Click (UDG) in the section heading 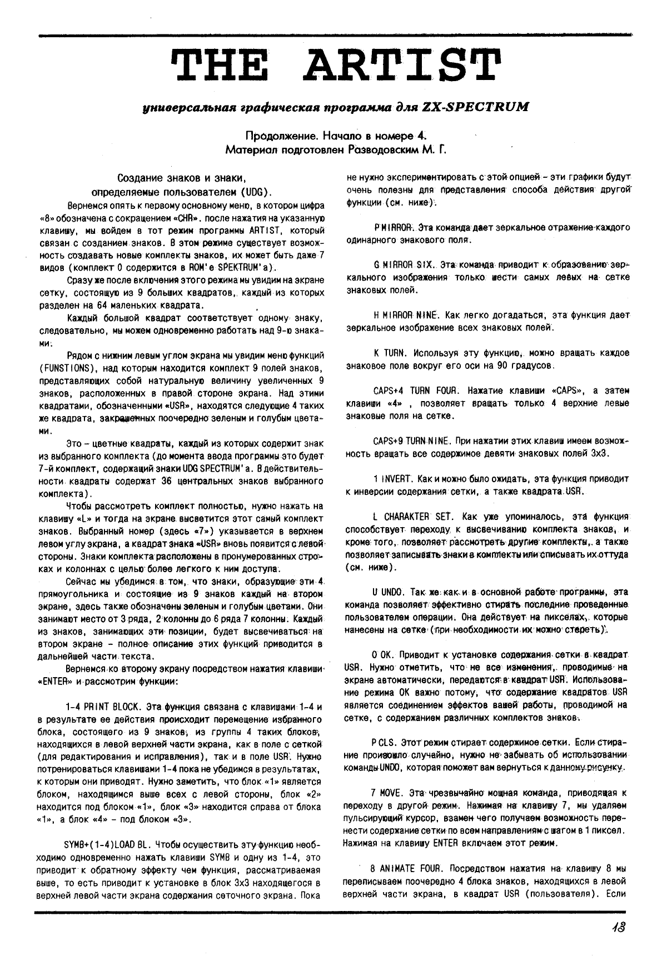click(x=251, y=193)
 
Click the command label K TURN click(x=391, y=353)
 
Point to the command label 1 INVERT click(x=391, y=478)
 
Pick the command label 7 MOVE click(x=387, y=793)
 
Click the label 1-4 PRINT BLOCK click(x=104, y=707)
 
